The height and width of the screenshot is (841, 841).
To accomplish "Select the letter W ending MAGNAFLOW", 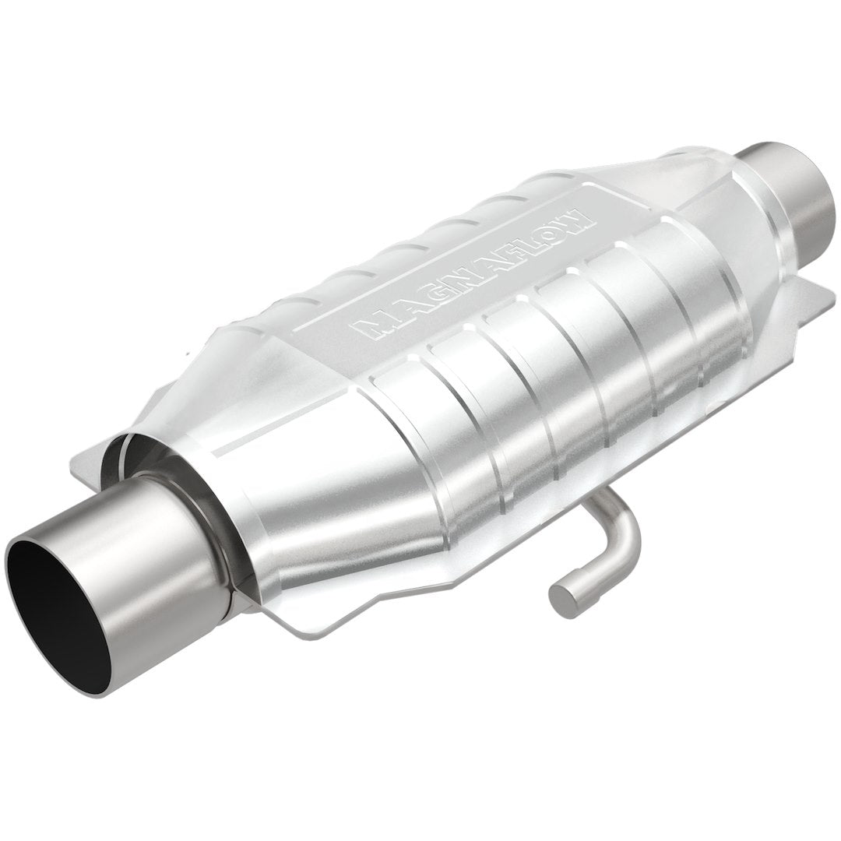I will [581, 212].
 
